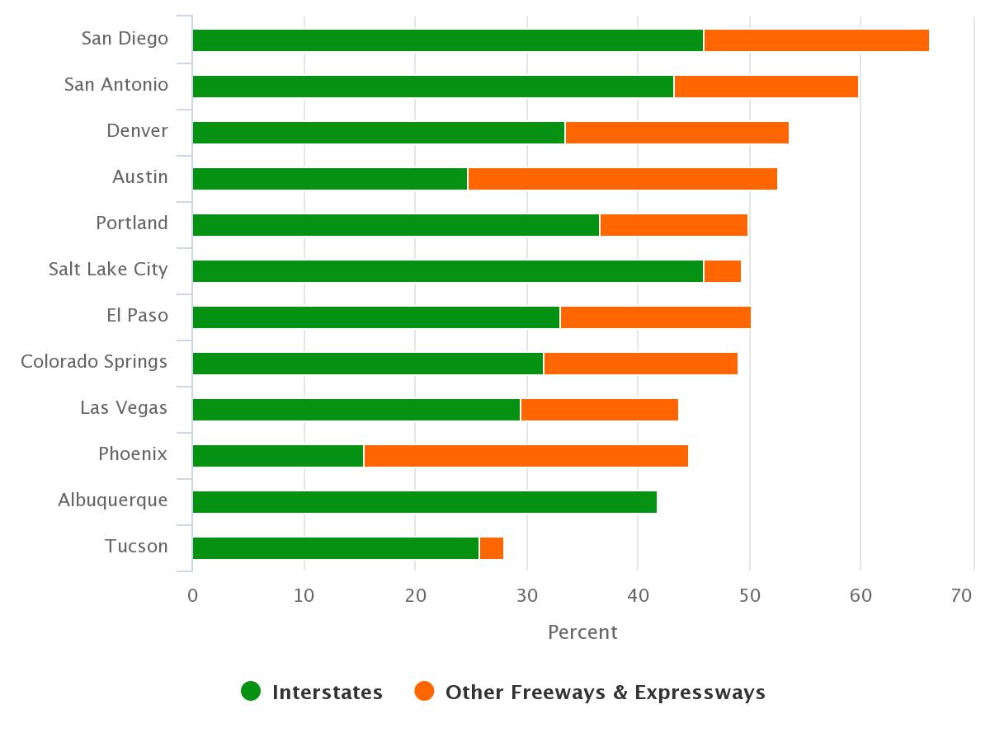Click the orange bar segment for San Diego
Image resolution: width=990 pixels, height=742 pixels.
816,40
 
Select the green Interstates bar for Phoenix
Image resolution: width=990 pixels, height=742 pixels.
278,456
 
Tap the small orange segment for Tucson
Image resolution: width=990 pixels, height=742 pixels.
492,548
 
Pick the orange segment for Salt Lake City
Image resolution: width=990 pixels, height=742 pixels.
723,271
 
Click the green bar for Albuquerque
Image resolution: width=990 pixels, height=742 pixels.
424,502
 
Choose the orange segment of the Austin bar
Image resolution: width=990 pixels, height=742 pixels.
622,179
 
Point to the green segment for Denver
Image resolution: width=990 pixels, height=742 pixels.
379,133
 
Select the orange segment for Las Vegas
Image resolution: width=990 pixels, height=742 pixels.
599,410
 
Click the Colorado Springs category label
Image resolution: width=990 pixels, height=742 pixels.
94,362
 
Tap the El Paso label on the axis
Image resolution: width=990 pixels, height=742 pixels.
137,316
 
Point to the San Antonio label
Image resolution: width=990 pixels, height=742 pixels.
116,85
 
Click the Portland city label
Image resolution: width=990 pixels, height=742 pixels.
132,223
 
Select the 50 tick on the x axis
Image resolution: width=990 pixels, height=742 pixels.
749,595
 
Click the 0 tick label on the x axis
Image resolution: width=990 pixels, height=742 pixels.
193,595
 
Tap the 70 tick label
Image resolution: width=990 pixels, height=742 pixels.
962,595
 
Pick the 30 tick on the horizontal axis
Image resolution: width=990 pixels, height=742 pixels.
526,595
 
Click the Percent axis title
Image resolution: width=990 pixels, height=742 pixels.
582,632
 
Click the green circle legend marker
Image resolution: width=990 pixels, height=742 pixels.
251,691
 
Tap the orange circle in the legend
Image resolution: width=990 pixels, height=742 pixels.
424,691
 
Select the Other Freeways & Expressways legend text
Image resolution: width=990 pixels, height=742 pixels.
605,693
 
